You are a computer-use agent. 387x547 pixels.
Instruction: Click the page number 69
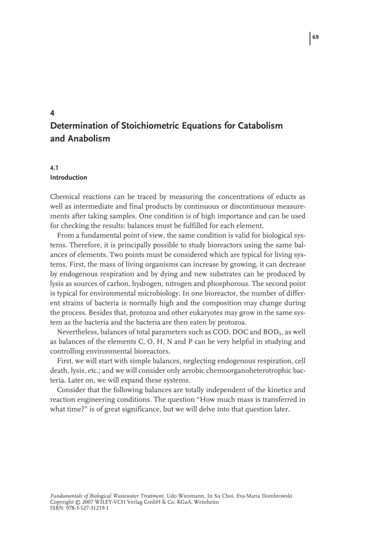click(x=315, y=37)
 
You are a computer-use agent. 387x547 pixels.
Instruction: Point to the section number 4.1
click(x=54, y=167)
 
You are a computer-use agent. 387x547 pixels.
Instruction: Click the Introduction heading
click(x=68, y=177)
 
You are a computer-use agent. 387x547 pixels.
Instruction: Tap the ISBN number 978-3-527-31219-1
click(x=86, y=509)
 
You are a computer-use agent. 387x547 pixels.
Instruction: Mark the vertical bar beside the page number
click(x=310, y=39)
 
